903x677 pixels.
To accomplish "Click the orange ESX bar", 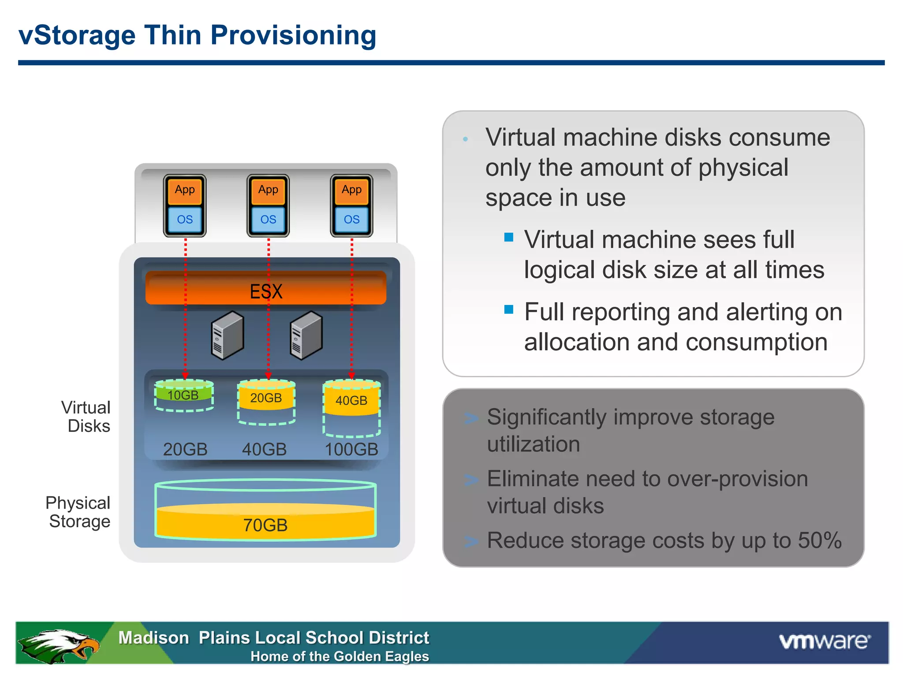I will pyautogui.click(x=266, y=289).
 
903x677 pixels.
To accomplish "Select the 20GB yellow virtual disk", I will pyautogui.click(x=266, y=398).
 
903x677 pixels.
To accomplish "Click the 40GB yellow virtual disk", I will pyautogui.click(x=351, y=400).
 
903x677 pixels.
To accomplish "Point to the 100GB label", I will pyautogui.click(x=351, y=450).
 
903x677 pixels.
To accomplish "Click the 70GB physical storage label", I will pyautogui.click(x=265, y=525).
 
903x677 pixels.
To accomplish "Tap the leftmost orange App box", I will pyautogui.click(x=185, y=190).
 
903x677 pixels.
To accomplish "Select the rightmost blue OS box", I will pyautogui.click(x=351, y=219).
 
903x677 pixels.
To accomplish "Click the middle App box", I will pyautogui.click(x=268, y=190).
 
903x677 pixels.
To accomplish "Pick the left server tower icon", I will pyautogui.click(x=228, y=335).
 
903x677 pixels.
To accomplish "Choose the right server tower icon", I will pyautogui.click(x=306, y=335).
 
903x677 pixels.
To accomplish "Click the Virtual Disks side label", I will pyautogui.click(x=86, y=417).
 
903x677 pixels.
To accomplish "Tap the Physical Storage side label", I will pyautogui.click(x=78, y=512).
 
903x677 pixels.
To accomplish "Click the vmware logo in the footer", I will pyautogui.click(x=824, y=641).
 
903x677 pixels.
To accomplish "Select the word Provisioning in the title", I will pyautogui.click(x=293, y=35).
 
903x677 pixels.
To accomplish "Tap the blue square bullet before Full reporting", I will pyautogui.click(x=509, y=309).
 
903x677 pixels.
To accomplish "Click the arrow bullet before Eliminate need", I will pyautogui.click(x=471, y=480).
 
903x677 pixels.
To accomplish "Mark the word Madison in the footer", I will pyautogui.click(x=153, y=638).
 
